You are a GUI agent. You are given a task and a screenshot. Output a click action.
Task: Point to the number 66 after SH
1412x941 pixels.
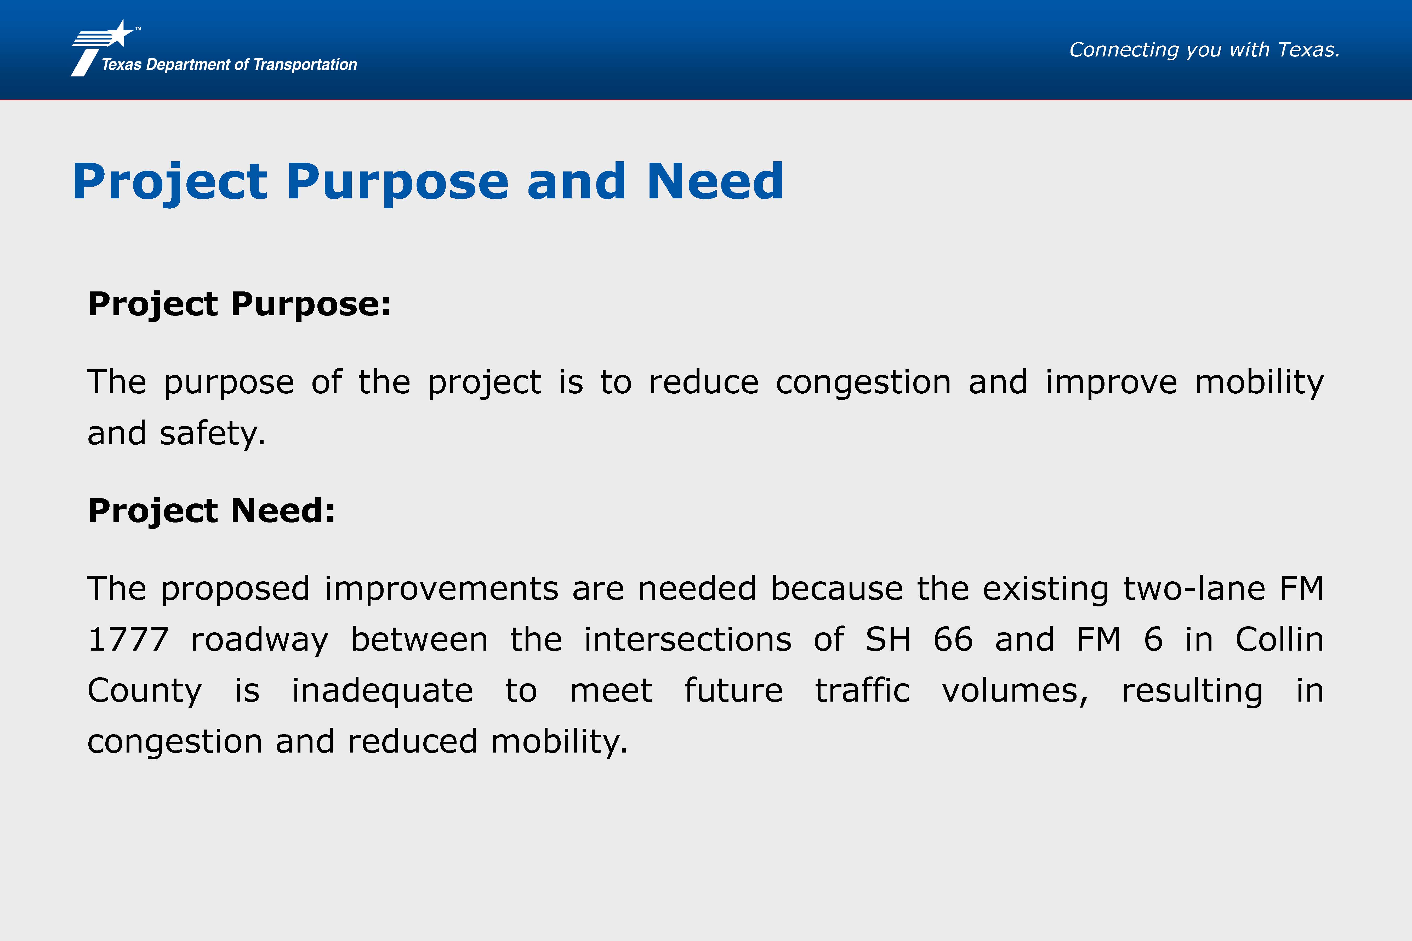[x=953, y=639]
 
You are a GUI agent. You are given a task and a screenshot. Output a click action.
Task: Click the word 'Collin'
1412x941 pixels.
[x=1279, y=639]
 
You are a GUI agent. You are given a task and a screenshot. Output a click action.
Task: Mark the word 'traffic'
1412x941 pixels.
[x=862, y=690]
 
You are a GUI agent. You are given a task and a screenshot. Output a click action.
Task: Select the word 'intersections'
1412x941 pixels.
[x=688, y=639]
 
